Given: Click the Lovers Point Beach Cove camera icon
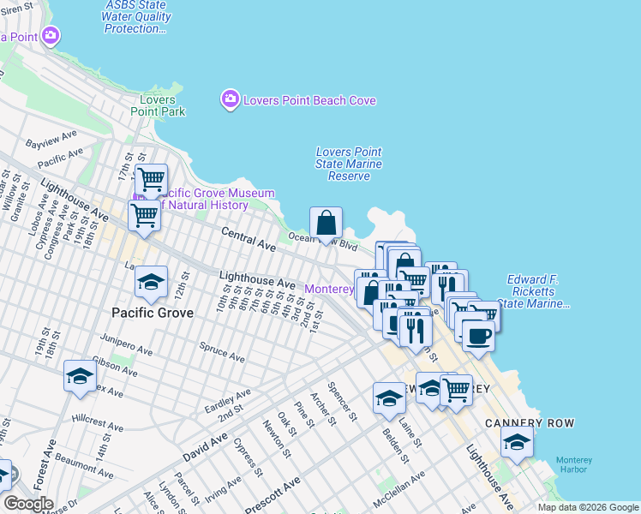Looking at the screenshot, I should (230, 100).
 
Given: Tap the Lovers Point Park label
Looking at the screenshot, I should (158, 105).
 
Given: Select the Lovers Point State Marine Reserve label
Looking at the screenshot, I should (349, 164).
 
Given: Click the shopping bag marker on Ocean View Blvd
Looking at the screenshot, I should (326, 224).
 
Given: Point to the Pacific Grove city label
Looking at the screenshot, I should (151, 313).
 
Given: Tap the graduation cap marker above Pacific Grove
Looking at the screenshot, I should (151, 283).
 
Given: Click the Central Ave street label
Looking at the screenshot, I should (249, 239).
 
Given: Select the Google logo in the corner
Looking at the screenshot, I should (27, 504).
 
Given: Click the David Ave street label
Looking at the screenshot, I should (205, 447).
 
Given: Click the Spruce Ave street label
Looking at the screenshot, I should (221, 352).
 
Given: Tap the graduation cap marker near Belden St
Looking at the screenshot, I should (389, 398).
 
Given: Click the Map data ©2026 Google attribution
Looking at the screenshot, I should (587, 507).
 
